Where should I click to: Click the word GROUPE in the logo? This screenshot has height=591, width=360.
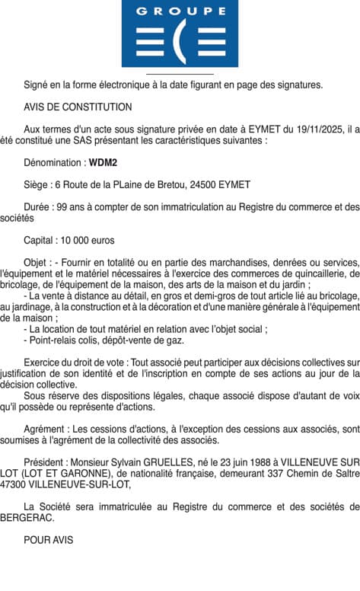(x=180, y=11)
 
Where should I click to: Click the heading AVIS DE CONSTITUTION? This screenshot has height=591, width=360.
(x=78, y=107)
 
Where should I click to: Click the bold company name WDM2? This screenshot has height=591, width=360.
(x=103, y=163)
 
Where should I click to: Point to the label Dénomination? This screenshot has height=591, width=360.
(x=53, y=163)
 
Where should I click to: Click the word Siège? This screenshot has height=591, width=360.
(x=37, y=185)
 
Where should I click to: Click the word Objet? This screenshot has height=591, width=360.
(x=36, y=263)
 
